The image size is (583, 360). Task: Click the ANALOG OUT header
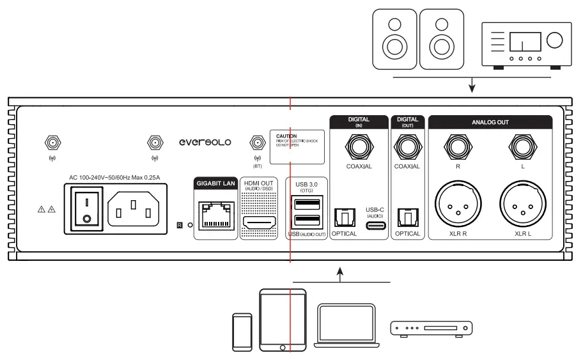coord(490,121)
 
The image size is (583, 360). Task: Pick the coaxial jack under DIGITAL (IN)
coord(359,148)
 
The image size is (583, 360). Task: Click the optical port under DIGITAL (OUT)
coord(407,218)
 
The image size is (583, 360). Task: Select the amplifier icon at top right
coord(522,43)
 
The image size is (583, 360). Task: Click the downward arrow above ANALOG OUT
coord(471,84)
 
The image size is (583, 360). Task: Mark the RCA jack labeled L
coord(522,148)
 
